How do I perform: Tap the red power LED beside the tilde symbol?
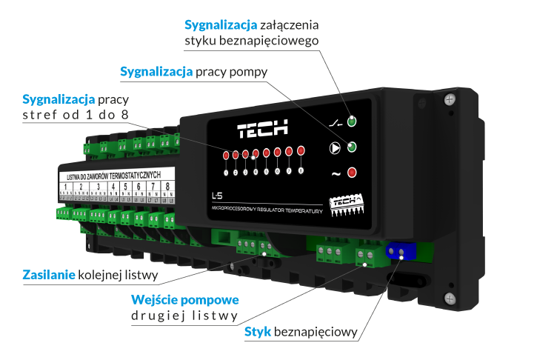click(352, 173)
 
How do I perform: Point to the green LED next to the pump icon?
click(352, 147)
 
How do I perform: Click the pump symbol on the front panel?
click(335, 147)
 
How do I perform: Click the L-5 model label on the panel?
click(217, 196)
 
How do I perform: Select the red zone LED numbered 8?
click(301, 151)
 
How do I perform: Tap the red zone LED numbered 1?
click(225, 156)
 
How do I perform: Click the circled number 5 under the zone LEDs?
click(267, 171)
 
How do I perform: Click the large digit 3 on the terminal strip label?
click(99, 186)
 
